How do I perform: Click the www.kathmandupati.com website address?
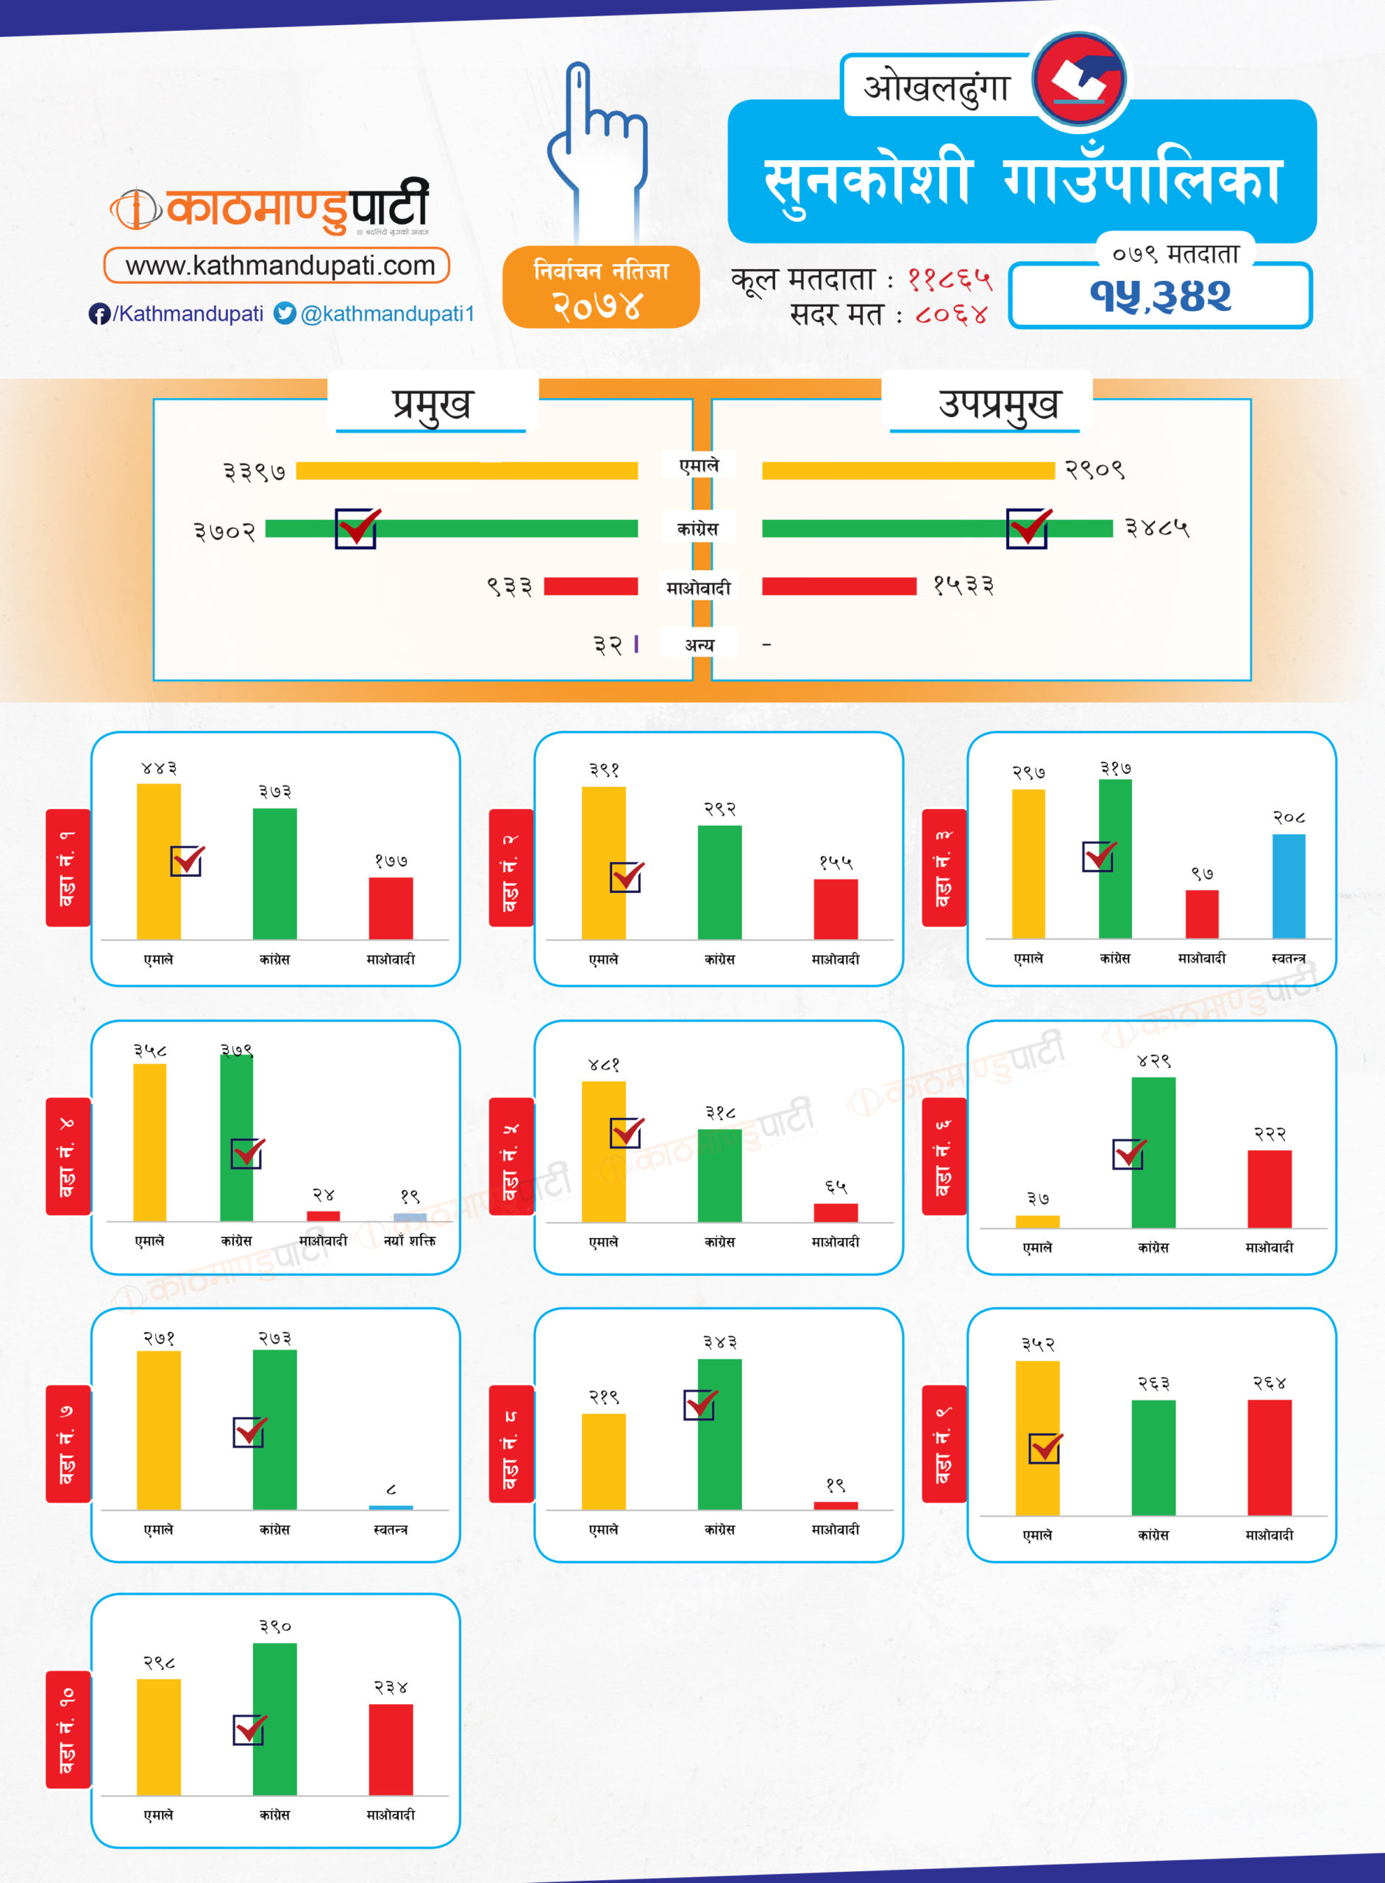tap(280, 266)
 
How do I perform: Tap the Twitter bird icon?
tap(285, 313)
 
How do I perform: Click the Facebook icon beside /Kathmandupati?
tap(99, 313)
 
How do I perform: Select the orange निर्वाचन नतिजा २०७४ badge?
tap(600, 287)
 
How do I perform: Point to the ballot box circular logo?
tap(1078, 79)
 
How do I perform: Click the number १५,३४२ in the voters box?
tap(1161, 296)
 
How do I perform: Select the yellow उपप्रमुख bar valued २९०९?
tap(907, 470)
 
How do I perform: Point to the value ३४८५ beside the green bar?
tap(1157, 527)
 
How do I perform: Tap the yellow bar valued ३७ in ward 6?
tap(1037, 1222)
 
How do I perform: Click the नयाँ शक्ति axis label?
tap(409, 1241)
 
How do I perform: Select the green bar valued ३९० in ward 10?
tap(274, 1719)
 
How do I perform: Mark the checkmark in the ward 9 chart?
tap(1044, 1448)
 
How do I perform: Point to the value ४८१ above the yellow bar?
tap(604, 1065)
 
